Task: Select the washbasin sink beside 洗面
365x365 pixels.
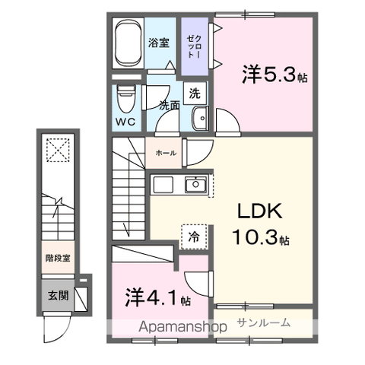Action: pyautogui.click(x=202, y=119)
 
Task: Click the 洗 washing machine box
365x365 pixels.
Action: pyautogui.click(x=195, y=94)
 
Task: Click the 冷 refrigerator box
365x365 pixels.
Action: pyautogui.click(x=193, y=236)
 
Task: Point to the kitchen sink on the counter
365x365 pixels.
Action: pyautogui.click(x=196, y=184)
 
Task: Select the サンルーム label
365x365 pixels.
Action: pyautogui.click(x=263, y=322)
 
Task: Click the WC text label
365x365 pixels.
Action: pyautogui.click(x=125, y=120)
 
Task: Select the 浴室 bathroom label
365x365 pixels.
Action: pyautogui.click(x=158, y=43)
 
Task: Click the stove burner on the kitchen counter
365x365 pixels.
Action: pyautogui.click(x=164, y=184)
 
